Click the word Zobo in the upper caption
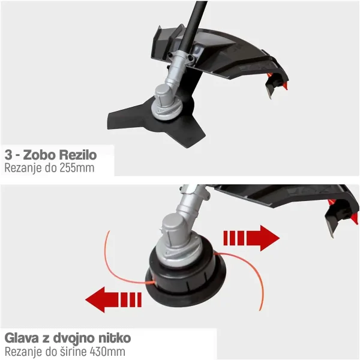coord(40,155)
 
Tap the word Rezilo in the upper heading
coord(78,155)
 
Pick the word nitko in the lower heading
coord(115,338)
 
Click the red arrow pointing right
coord(251,238)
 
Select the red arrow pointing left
coord(113,299)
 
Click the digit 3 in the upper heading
coord(8,155)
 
